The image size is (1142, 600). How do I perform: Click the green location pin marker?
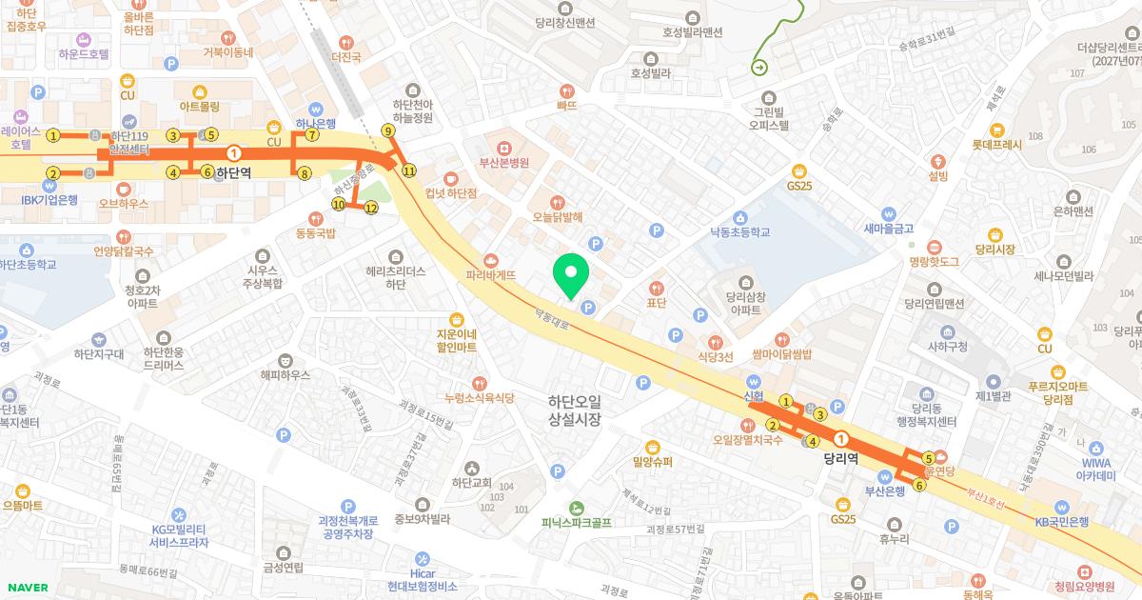click(x=571, y=275)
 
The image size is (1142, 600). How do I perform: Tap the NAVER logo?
click(x=26, y=588)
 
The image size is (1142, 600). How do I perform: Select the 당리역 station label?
click(x=841, y=457)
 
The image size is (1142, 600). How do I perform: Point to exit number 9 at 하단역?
click(x=387, y=130)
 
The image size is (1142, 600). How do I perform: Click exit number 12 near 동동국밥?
click(x=371, y=208)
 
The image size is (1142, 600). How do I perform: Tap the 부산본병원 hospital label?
click(x=503, y=162)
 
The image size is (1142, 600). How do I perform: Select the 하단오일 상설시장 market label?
click(x=575, y=410)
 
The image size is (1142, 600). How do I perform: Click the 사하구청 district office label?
click(x=947, y=346)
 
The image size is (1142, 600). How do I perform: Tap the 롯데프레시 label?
click(x=996, y=146)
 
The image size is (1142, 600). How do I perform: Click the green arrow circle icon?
click(x=759, y=67)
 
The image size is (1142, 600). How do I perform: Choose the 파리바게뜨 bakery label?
click(x=491, y=274)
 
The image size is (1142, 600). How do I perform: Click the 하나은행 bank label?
click(x=315, y=124)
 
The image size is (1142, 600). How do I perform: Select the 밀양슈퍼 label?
click(x=652, y=462)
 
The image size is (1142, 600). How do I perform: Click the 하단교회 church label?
click(x=471, y=482)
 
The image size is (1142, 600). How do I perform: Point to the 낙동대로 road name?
click(x=552, y=310)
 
